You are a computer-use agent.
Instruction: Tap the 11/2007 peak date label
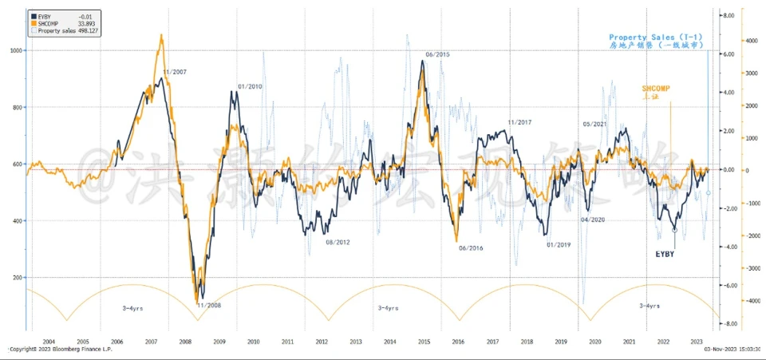click(174, 72)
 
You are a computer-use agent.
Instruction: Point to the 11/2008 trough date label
click(209, 305)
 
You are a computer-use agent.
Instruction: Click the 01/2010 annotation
click(251, 86)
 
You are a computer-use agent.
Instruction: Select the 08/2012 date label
click(338, 242)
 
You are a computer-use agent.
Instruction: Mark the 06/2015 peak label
click(437, 54)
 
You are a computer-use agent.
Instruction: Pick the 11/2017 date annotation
click(519, 122)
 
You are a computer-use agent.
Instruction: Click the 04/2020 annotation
click(593, 220)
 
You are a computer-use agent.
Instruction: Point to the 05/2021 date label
click(596, 124)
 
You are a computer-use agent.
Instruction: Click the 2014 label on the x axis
click(389, 341)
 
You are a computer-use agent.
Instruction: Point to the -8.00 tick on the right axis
click(728, 324)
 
